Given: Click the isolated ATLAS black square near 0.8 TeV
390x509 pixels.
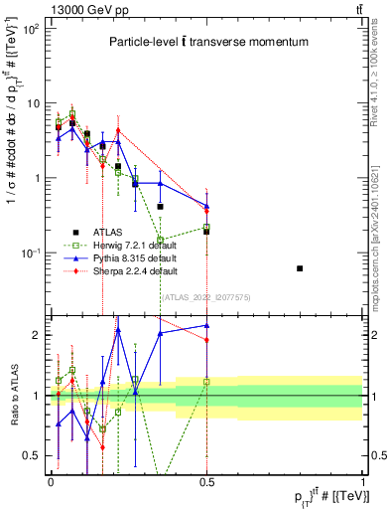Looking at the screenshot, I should pos(328,268).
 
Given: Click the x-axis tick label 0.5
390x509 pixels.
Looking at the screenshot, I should pos(206,480).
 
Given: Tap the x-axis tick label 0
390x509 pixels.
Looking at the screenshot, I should pos(51,480).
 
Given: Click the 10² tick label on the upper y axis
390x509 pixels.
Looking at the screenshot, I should pos(32,29).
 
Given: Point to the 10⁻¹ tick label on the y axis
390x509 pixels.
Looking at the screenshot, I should pos(32,254).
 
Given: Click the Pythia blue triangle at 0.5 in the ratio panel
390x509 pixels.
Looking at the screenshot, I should pos(206,325).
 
